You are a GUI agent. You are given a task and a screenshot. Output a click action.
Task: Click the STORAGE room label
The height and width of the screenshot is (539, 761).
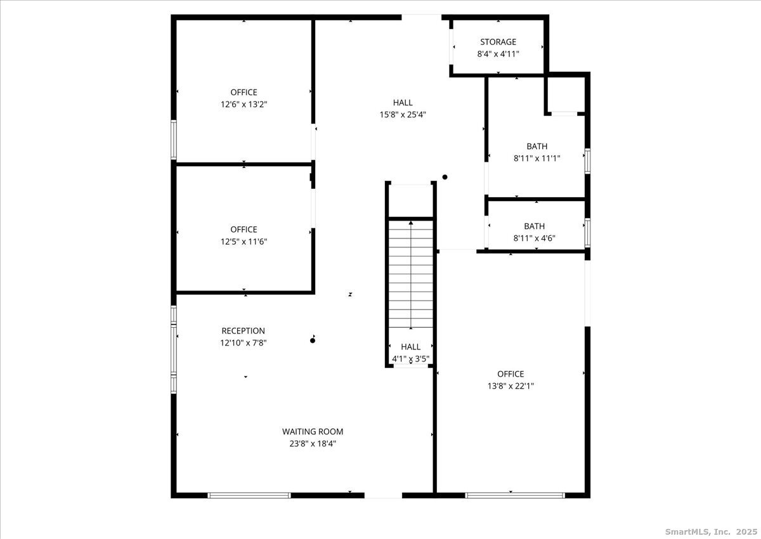pos(498,42)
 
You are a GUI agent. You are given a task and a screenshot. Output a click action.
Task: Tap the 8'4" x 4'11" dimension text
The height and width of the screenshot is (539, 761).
pos(498,54)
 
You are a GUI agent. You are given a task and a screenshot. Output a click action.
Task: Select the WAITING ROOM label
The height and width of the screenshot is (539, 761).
pos(313,431)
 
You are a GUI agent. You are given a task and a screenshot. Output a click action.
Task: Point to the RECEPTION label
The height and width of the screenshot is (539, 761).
pos(244,330)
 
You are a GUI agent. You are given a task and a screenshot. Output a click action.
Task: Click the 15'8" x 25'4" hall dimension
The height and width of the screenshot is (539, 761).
pos(403,114)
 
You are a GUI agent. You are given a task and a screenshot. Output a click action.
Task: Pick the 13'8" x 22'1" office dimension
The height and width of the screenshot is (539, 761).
pos(511,386)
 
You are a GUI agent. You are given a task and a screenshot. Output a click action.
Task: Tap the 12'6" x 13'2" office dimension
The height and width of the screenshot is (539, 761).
pos(244,104)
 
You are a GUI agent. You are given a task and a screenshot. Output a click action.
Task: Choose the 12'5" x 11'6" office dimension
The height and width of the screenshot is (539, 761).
pos(244,242)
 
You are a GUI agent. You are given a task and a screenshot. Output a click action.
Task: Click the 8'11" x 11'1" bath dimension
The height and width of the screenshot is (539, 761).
pos(537,159)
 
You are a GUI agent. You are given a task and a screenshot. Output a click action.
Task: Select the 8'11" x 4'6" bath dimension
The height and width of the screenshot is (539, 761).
pos(535,238)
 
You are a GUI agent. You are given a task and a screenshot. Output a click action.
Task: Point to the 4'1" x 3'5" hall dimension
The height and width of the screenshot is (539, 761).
pos(411,359)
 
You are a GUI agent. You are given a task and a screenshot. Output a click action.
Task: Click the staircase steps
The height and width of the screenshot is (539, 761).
pos(411,275)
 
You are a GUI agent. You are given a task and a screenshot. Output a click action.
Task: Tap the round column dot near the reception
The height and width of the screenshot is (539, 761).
pos(313,341)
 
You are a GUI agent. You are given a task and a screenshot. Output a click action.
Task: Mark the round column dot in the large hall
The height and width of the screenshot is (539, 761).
pos(445,177)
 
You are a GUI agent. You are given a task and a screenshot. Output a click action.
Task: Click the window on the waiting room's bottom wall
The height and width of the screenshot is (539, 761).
pos(249,495)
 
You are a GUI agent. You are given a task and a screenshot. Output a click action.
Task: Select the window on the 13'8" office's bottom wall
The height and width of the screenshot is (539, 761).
pos(515,495)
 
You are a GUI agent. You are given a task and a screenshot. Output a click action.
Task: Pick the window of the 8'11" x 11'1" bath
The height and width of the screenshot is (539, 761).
pos(587,161)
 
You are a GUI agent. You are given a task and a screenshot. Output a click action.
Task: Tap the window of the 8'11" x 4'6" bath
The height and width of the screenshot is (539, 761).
pos(587,233)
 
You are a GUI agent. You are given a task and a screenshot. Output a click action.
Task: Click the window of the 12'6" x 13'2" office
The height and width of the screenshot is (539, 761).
pos(174,140)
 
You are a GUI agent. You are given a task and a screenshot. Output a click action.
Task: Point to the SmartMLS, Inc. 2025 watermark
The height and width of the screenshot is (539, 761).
pos(711,531)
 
